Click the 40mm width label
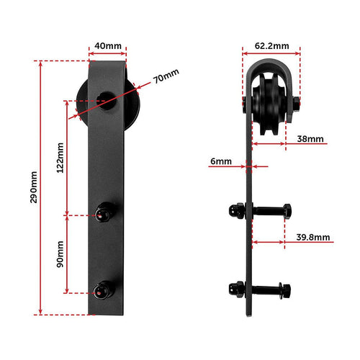[x=107, y=45]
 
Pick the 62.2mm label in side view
[x=271, y=45]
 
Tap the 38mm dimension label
[x=310, y=138]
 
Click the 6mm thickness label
[x=221, y=163]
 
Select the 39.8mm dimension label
[x=313, y=237]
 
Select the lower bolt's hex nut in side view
[x=285, y=289]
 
